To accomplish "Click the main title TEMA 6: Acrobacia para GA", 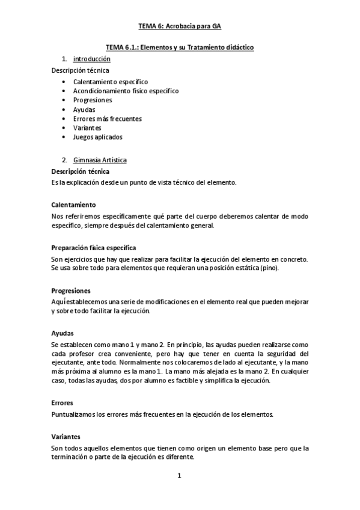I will coord(180,26).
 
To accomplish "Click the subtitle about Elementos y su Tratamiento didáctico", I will coord(180,47).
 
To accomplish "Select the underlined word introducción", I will coord(91,60).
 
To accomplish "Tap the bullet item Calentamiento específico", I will coord(111,81).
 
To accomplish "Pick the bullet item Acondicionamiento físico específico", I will coord(126,91).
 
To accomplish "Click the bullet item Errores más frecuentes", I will coord(108,118).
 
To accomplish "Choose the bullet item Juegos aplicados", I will coord(97,137).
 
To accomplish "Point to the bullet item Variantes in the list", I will coord(87,128).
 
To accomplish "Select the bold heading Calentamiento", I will coord(73,204).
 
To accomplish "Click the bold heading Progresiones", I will coord(71,290).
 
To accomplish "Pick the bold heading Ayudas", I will coord(63,333).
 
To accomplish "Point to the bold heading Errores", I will coord(63,404).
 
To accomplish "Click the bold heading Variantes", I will coord(66,437).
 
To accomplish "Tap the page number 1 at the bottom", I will coord(179,476).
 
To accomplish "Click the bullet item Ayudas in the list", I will coord(84,109).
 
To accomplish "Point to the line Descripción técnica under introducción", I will coord(80,70).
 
